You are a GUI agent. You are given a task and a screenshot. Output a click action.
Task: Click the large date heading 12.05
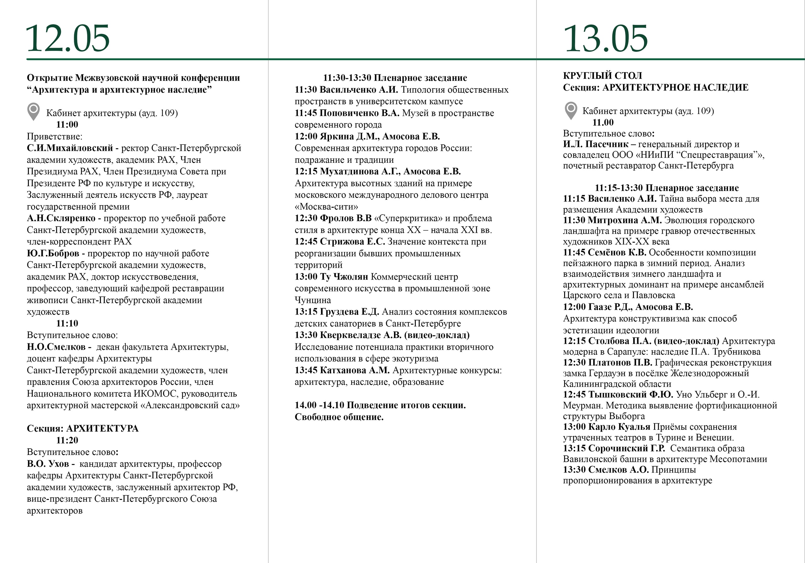pos(68,39)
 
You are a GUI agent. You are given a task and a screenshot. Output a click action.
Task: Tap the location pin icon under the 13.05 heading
pos(571,110)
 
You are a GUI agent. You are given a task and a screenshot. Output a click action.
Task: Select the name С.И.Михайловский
pos(70,148)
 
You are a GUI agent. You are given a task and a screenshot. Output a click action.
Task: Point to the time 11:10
pos(67,323)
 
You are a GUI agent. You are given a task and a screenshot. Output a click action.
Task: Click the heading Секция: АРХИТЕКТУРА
pos(83,428)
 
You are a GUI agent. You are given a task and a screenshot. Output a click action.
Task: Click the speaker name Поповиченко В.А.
pos(359,113)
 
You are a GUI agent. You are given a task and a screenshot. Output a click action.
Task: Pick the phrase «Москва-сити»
pos(326,206)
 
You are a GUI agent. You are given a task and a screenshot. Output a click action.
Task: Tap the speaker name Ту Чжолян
pos(344,276)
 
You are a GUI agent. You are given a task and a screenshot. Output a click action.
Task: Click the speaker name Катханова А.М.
pos(355,370)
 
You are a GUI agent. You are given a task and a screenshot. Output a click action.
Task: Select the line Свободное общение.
pos(339,417)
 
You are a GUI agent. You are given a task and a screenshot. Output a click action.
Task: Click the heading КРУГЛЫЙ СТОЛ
pos(602,76)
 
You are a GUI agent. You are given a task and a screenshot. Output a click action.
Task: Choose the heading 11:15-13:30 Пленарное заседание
pos(667,188)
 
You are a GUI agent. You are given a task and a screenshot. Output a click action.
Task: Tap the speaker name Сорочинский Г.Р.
pos(626,448)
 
